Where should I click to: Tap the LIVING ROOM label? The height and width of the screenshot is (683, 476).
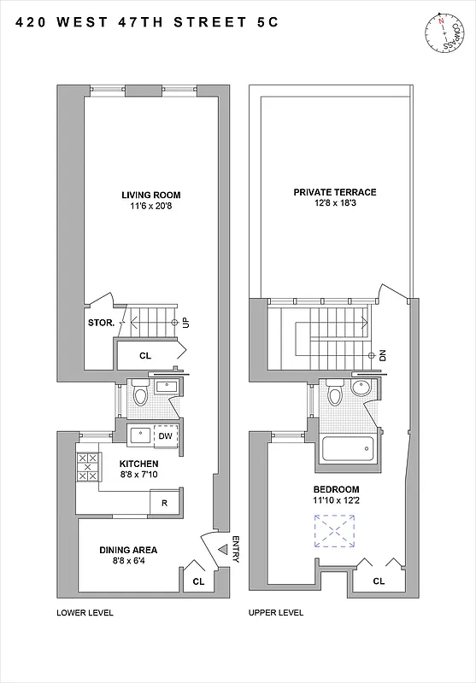pyautogui.click(x=150, y=195)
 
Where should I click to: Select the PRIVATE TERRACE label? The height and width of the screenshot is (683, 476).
pyautogui.click(x=335, y=192)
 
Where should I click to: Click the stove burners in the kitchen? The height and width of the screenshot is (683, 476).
pyautogui.click(x=87, y=468)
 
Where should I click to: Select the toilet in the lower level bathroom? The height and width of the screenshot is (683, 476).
pyautogui.click(x=142, y=394)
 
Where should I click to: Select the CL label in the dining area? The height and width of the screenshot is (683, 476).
pyautogui.click(x=198, y=581)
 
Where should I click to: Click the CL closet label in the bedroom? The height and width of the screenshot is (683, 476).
pyautogui.click(x=378, y=581)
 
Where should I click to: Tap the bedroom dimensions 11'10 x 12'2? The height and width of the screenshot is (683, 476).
pyautogui.click(x=335, y=502)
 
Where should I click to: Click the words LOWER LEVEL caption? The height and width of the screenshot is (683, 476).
pyautogui.click(x=85, y=613)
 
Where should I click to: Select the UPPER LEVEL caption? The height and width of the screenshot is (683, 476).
pyautogui.click(x=275, y=613)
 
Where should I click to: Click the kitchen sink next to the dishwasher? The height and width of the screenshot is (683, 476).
pyautogui.click(x=138, y=436)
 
